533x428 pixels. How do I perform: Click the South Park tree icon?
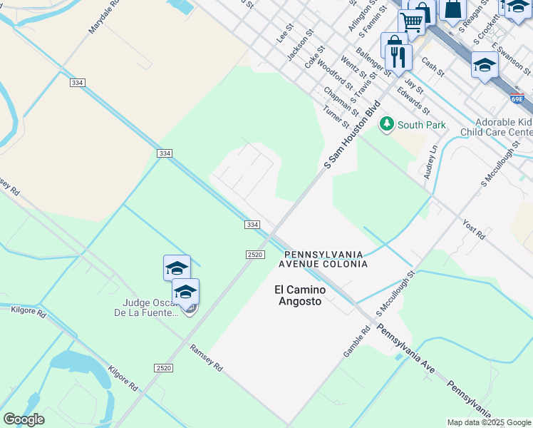pos(387,124)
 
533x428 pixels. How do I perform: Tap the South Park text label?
pos(422,125)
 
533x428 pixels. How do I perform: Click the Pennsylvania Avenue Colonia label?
pos(324,259)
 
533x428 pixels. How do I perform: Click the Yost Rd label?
pos(474,228)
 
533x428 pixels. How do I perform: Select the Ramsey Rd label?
pos(207,357)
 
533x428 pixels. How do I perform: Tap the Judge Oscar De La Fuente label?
pos(146,307)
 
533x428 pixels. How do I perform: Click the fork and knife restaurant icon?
pos(398,56)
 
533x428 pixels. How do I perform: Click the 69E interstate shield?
pos(517,98)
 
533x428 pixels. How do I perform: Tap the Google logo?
pos(24,419)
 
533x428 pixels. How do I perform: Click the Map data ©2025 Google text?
pos(488,422)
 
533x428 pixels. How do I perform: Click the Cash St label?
pos(433,67)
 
